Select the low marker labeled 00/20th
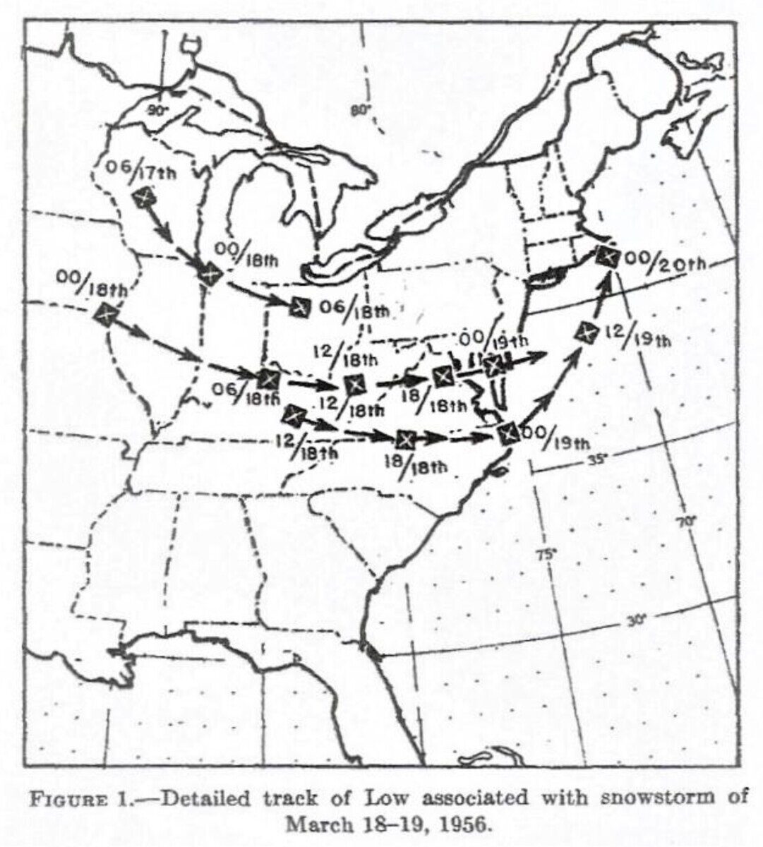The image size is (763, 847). coord(606,256)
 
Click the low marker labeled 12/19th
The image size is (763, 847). coord(586,330)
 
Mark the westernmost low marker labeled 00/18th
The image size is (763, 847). coord(106,313)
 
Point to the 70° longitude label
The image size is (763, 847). coord(684,522)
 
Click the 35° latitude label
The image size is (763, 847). coord(597,460)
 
